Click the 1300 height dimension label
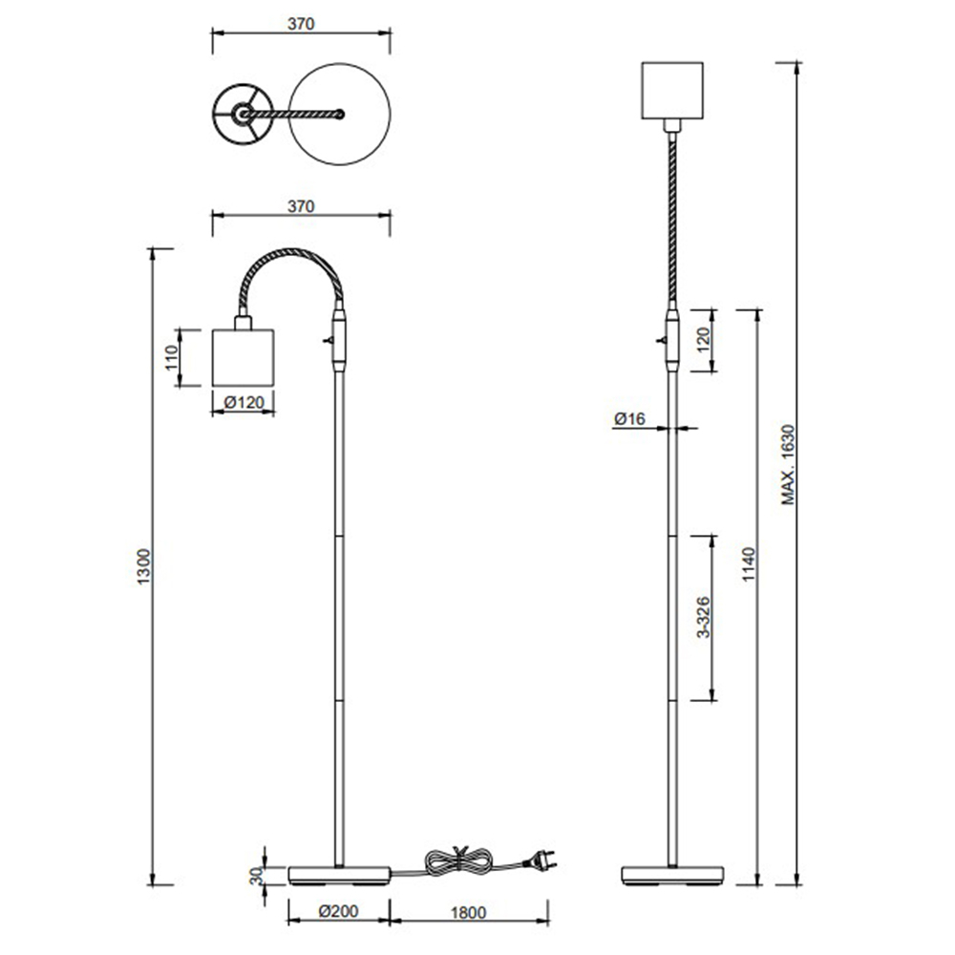[143, 567]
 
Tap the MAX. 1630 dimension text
[788, 465]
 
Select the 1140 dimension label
[749, 564]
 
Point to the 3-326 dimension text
[704, 617]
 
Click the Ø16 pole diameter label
[629, 418]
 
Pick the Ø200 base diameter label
[338, 911]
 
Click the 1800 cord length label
[468, 912]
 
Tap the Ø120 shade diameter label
[244, 403]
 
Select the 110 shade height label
[171, 357]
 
